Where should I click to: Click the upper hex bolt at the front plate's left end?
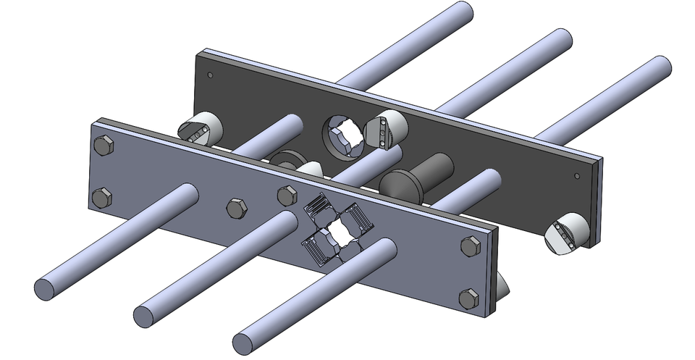click(x=104, y=146)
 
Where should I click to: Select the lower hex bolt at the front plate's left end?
click(x=102, y=197)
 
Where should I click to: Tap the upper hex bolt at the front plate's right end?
click(x=470, y=246)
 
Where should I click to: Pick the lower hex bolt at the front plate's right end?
click(x=469, y=298)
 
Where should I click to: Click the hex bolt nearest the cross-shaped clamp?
click(x=287, y=195)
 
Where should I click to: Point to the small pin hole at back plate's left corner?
click(x=210, y=75)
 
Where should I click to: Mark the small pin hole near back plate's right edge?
click(x=577, y=175)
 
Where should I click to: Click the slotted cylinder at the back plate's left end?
click(x=199, y=129)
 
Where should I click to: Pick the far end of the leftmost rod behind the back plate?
click(x=460, y=12)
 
